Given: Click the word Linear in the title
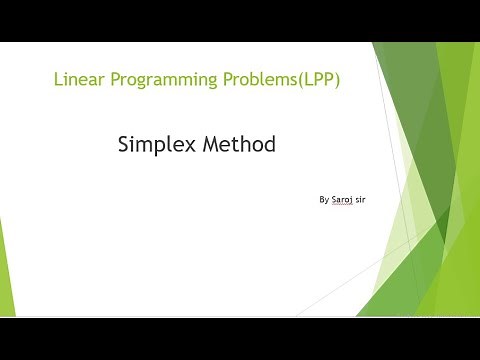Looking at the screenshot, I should coord(76,81).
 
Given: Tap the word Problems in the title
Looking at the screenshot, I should coord(248,81).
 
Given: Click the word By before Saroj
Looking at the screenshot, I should coord(324,200).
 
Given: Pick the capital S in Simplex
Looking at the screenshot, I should coord(125,145).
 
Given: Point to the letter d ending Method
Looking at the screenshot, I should coord(269,145).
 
